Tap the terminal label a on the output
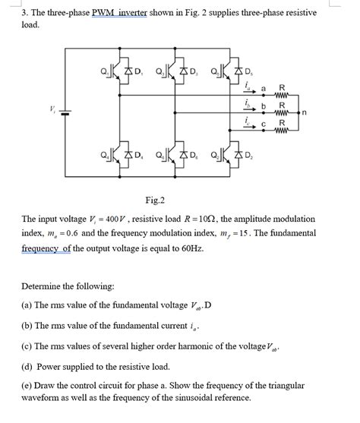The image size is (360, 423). coord(264,90)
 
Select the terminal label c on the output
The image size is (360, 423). coord(264,124)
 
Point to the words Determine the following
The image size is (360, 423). coord(68,287)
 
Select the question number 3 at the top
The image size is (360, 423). coord(24,13)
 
